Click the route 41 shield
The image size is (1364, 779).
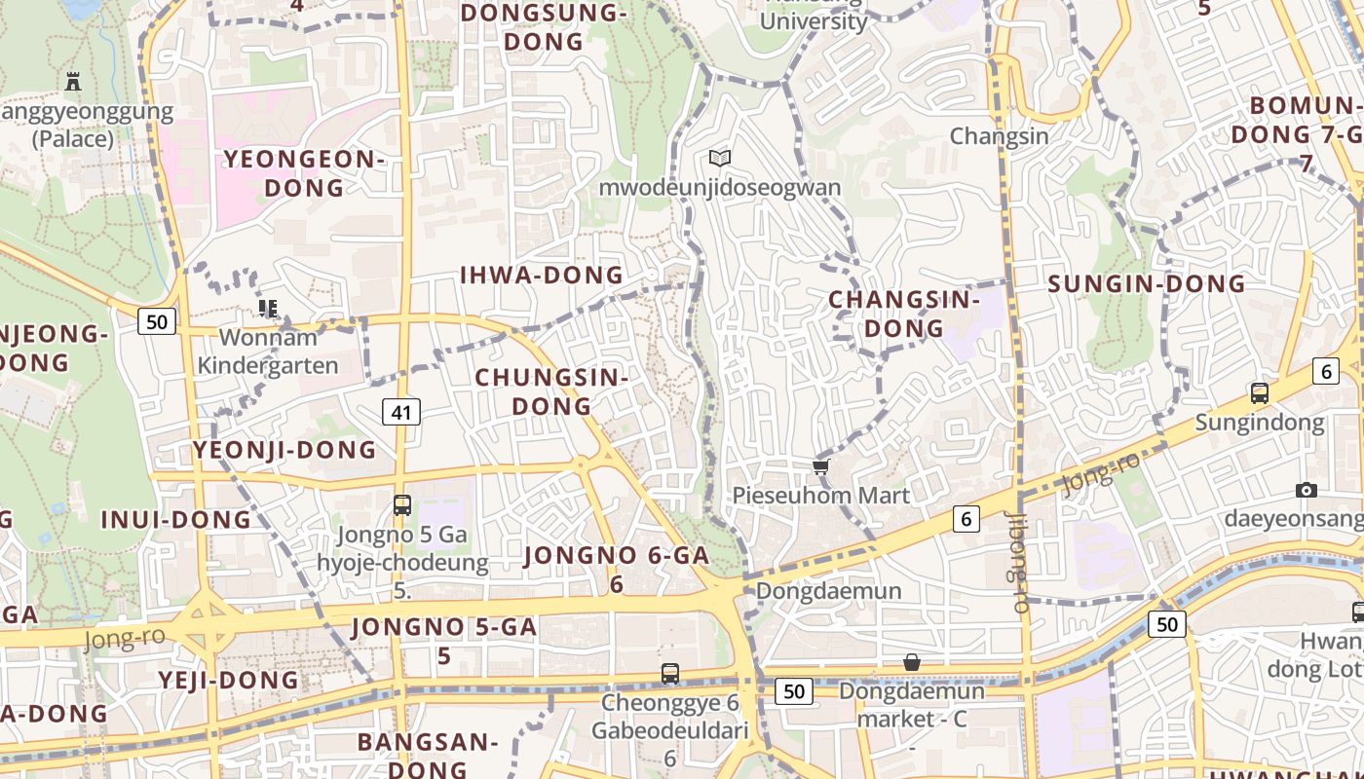[x=401, y=412]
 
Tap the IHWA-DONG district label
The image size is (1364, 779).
[x=541, y=276]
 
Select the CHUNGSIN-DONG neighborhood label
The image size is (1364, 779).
[x=551, y=390]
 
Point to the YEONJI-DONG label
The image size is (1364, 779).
[x=284, y=450]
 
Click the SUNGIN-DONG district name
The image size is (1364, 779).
[x=1147, y=284]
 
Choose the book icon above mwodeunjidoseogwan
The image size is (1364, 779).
[x=720, y=158]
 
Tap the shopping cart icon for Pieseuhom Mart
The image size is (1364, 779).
[x=820, y=468]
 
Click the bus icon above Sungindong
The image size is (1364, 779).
[x=1260, y=394]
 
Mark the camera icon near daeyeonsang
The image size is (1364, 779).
[x=1307, y=490]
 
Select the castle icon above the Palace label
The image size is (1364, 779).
[x=73, y=82]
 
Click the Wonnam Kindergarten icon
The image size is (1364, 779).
[x=268, y=310]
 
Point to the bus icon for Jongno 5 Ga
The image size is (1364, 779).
[x=401, y=505]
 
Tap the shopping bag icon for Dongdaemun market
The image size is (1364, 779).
[x=912, y=663]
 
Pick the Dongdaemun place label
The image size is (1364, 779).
[x=828, y=591]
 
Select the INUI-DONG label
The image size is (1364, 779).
[x=176, y=520]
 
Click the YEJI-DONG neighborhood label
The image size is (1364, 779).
[x=229, y=680]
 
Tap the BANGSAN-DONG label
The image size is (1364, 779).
[x=428, y=755]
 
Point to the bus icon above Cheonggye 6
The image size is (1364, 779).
[x=669, y=673]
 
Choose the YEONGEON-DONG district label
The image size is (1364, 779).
[x=305, y=172]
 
